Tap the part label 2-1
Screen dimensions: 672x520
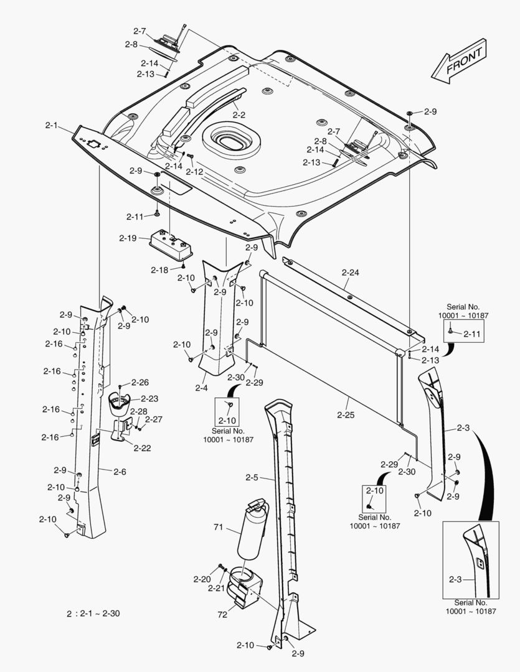coord(52,125)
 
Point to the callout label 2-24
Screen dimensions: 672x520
coord(351,272)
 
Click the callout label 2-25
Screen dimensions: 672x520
coord(346,414)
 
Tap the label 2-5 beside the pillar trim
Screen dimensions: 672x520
coord(252,478)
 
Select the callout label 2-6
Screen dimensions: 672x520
coord(120,472)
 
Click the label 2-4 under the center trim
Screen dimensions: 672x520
coord(201,388)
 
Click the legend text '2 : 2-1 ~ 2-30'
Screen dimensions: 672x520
coord(93,614)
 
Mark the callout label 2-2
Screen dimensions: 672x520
coord(239,115)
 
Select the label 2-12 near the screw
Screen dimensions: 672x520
coord(194,171)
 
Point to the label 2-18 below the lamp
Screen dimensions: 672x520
coord(159,269)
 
